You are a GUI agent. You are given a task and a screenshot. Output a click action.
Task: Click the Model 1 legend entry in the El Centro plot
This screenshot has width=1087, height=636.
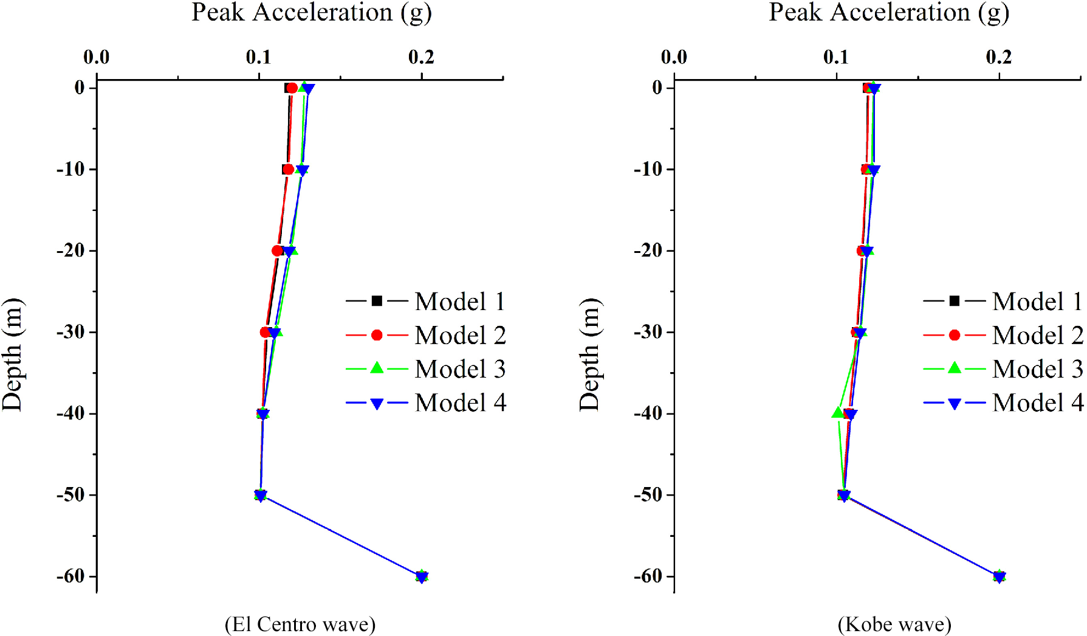click(x=425, y=301)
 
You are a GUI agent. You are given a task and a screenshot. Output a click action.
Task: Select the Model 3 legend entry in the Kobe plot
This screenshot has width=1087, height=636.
click(x=1003, y=368)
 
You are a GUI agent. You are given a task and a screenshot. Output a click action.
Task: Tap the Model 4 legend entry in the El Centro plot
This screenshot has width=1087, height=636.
click(x=425, y=403)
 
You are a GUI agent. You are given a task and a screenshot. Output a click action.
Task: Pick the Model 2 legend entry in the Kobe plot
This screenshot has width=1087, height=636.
click(x=1003, y=335)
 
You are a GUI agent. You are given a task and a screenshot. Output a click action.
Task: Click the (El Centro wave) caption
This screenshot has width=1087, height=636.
click(x=300, y=624)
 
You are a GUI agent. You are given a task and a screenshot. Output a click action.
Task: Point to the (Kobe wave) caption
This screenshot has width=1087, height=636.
click(x=894, y=624)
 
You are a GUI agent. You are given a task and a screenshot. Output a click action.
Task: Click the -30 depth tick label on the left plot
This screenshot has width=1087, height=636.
click(x=70, y=332)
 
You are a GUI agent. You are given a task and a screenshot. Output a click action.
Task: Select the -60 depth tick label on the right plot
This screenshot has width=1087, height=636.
click(x=648, y=576)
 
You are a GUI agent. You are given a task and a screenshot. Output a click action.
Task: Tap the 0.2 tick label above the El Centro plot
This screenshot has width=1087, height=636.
click(x=421, y=57)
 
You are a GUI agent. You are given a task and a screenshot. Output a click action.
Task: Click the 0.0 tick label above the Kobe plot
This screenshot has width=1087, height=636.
click(x=674, y=57)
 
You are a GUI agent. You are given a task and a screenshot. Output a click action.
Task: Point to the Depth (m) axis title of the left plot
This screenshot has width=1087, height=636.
click(x=12, y=354)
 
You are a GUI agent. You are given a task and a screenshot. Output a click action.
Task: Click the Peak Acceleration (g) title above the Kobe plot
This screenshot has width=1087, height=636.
click(x=889, y=13)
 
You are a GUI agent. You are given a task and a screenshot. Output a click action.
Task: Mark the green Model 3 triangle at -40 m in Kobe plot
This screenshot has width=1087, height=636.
click(x=838, y=413)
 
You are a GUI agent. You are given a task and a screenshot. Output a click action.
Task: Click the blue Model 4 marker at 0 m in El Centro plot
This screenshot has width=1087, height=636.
click(x=308, y=89)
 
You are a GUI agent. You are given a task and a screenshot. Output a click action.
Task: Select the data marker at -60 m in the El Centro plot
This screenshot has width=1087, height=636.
click(x=422, y=576)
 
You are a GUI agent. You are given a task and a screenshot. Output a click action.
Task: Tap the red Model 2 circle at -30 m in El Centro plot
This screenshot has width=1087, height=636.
click(x=265, y=332)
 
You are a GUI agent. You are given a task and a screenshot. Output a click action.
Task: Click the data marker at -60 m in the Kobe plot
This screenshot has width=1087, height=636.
click(x=999, y=576)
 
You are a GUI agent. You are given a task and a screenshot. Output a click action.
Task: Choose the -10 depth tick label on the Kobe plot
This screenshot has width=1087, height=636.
click(x=648, y=169)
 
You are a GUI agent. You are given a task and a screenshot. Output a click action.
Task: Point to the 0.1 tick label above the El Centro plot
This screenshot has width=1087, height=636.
click(x=259, y=57)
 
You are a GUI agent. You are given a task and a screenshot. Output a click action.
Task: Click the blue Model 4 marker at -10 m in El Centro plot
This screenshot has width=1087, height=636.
click(x=302, y=171)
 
